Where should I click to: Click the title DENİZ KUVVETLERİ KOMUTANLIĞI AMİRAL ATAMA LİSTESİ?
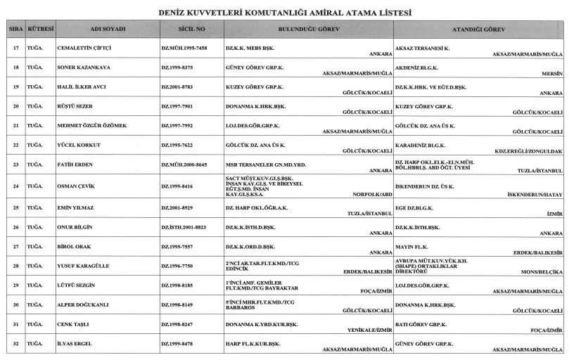point(287,12)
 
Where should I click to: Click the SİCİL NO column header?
point(192,31)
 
